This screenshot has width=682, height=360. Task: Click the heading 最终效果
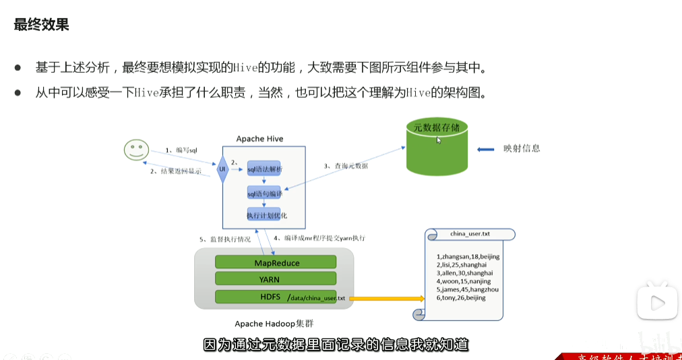click(42, 26)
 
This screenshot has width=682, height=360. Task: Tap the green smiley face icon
click(135, 150)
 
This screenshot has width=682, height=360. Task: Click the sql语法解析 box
click(264, 169)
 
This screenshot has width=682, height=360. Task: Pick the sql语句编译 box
click(263, 193)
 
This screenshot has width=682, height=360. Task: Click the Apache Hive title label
click(259, 139)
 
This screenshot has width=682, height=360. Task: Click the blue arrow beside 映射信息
click(485, 149)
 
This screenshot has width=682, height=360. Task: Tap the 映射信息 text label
click(522, 148)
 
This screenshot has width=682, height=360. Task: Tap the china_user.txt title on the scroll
click(470, 234)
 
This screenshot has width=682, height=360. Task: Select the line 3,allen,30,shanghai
click(464, 273)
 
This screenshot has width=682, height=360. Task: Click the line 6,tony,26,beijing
click(461, 297)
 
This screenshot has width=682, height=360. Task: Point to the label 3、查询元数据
click(346, 166)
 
